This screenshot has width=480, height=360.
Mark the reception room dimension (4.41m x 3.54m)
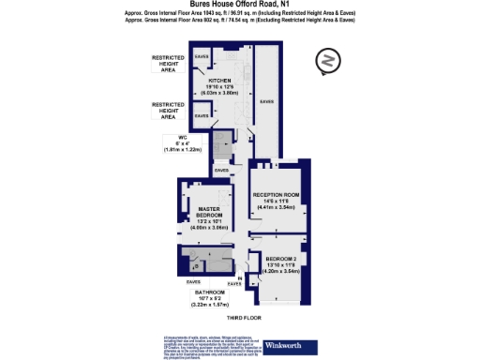point(277,208)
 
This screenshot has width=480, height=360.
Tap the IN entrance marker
point(241,277)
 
